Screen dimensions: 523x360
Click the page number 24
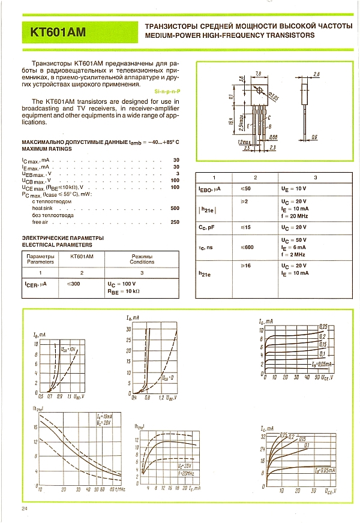point(24,510)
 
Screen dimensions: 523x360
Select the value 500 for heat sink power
point(175,208)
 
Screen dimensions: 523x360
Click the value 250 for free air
point(175,222)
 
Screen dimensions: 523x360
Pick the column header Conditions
point(142,261)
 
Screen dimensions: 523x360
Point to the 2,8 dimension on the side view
point(317,74)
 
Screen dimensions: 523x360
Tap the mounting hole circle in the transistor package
point(260,91)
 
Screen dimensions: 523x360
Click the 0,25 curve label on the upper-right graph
point(323,326)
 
